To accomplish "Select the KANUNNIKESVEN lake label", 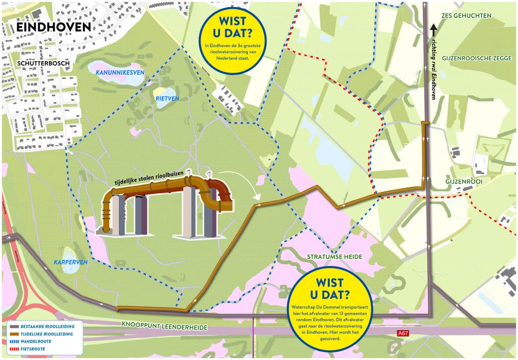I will pos(120,73).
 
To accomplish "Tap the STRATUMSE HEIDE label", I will pos(334,257).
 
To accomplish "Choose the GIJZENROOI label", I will pos(461,181).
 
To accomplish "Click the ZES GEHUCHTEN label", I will pos(466,16).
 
